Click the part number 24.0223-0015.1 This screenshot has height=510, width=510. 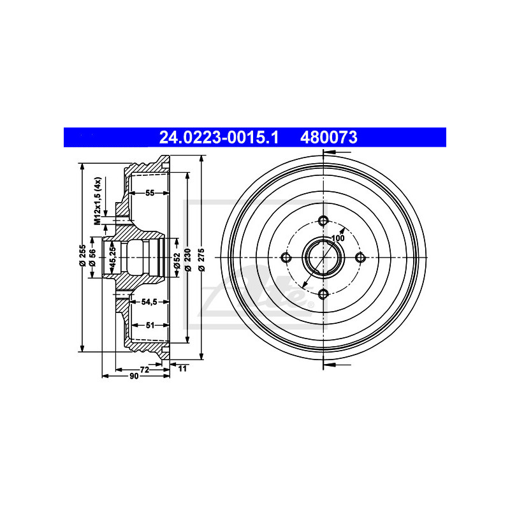(x=219, y=137)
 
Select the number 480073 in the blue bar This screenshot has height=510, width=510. (x=328, y=137)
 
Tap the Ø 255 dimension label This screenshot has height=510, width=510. (x=83, y=256)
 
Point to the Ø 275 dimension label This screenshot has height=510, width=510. (x=201, y=260)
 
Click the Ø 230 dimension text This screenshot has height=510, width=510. (x=187, y=260)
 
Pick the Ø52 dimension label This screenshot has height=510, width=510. (x=177, y=261)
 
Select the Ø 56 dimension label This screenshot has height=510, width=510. (x=92, y=258)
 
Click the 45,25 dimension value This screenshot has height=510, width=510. (x=113, y=256)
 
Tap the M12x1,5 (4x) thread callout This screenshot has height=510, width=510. (x=98, y=201)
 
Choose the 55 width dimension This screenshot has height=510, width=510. (x=150, y=193)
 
